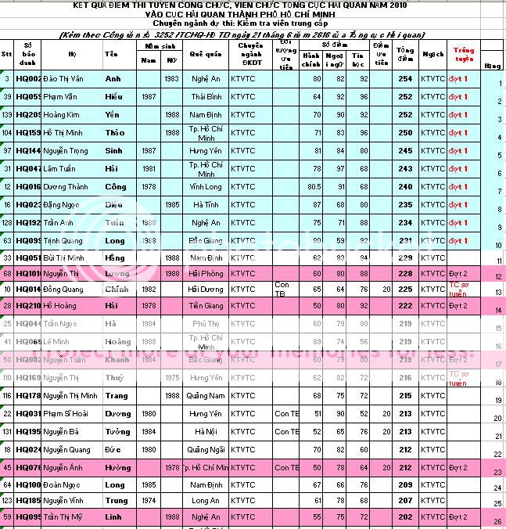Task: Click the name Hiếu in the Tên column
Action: [113, 96]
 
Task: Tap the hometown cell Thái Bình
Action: [205, 96]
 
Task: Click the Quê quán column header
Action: [205, 56]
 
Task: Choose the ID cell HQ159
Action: [29, 132]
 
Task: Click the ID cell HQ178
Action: [29, 396]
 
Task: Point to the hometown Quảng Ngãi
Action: [205, 449]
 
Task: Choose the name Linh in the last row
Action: [114, 516]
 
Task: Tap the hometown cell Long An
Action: [205, 500]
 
